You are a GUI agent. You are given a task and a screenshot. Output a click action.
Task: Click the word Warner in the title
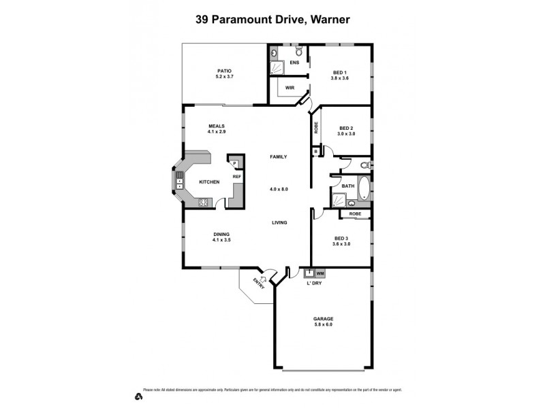tap(330, 20)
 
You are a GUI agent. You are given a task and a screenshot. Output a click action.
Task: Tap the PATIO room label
tap(224, 70)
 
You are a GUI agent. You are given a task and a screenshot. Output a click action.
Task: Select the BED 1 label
tap(340, 72)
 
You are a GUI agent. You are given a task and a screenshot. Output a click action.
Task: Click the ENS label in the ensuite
tap(294, 63)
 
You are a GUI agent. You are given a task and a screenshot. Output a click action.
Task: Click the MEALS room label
tap(217, 126)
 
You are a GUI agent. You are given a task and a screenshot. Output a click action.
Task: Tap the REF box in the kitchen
tap(237, 177)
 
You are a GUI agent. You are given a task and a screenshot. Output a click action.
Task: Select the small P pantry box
tap(234, 164)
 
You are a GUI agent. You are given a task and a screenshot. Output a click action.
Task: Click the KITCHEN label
tap(208, 182)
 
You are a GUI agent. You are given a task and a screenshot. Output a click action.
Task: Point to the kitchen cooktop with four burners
tap(202, 201)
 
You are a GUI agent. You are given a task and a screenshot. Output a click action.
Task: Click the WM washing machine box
tap(320, 273)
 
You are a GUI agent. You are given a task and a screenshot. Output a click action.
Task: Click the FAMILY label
tap(278, 156)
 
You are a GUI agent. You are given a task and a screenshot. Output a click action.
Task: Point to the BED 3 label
tap(341, 238)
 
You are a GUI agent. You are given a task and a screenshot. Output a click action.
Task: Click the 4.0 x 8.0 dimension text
tap(279, 189)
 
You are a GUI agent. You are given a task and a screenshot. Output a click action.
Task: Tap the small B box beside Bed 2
tap(315, 152)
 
